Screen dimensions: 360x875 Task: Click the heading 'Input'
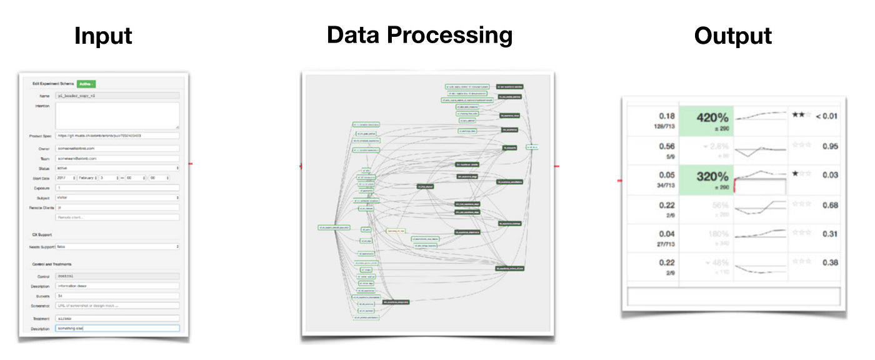(103, 36)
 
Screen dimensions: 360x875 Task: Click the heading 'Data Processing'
(419, 35)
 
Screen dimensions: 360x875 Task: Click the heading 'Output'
(732, 36)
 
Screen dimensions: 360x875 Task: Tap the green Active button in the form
(85, 84)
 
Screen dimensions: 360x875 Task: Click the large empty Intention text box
(117, 116)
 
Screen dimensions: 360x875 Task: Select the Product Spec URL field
(117, 135)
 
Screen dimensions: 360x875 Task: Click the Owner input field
(117, 148)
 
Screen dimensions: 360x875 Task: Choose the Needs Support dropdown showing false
(117, 247)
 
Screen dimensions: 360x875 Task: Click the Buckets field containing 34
(117, 296)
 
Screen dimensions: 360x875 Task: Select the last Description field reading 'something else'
(117, 328)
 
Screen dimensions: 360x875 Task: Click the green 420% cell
(706, 120)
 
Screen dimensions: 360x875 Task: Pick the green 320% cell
(706, 179)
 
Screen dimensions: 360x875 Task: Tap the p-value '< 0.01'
(826, 116)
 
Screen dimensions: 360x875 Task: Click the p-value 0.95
(830, 146)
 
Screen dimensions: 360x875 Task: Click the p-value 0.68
(830, 205)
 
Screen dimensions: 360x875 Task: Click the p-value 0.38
(830, 262)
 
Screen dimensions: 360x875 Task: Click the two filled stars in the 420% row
(797, 116)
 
